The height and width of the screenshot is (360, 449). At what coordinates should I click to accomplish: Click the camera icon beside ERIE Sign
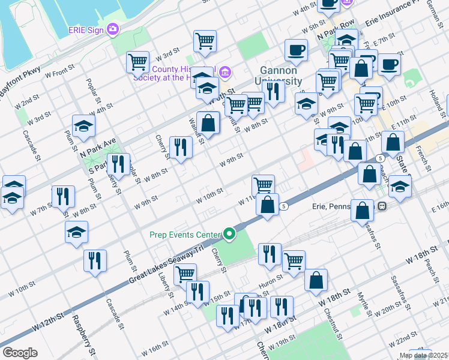pos(113,29)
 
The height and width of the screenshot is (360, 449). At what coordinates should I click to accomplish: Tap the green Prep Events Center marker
pos(229,233)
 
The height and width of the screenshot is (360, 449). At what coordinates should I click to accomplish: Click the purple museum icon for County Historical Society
pos(225,73)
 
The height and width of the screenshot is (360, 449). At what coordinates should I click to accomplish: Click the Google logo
pos(20,352)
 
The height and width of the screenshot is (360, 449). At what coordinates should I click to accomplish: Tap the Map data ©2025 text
pos(423,355)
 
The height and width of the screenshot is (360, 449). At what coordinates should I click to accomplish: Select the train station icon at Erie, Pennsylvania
pos(382,206)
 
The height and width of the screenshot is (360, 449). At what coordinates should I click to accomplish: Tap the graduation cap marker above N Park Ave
pos(83,125)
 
